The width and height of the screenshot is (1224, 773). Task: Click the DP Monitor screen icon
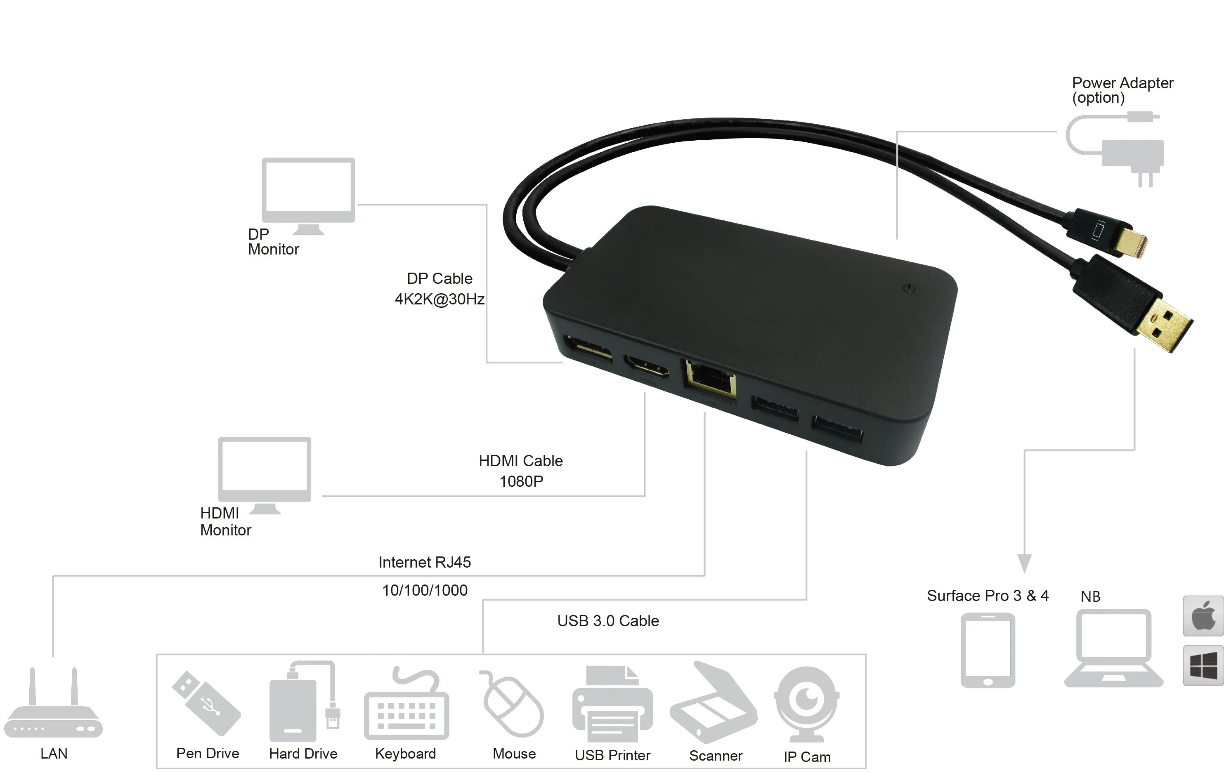click(x=308, y=196)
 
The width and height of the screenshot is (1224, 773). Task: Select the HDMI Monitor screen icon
click(x=264, y=475)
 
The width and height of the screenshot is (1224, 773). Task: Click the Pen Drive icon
click(x=206, y=703)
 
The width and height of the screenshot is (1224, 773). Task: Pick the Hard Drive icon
click(x=304, y=701)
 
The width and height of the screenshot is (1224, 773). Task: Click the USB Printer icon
click(x=612, y=704)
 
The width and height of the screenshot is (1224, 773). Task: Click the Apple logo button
click(x=1203, y=615)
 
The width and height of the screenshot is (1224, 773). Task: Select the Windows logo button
click(x=1203, y=665)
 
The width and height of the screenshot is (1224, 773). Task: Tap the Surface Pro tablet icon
click(x=988, y=650)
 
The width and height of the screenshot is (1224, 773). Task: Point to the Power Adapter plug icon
click(x=1116, y=150)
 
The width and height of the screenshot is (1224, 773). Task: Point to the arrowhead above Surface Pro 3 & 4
click(x=1024, y=563)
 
